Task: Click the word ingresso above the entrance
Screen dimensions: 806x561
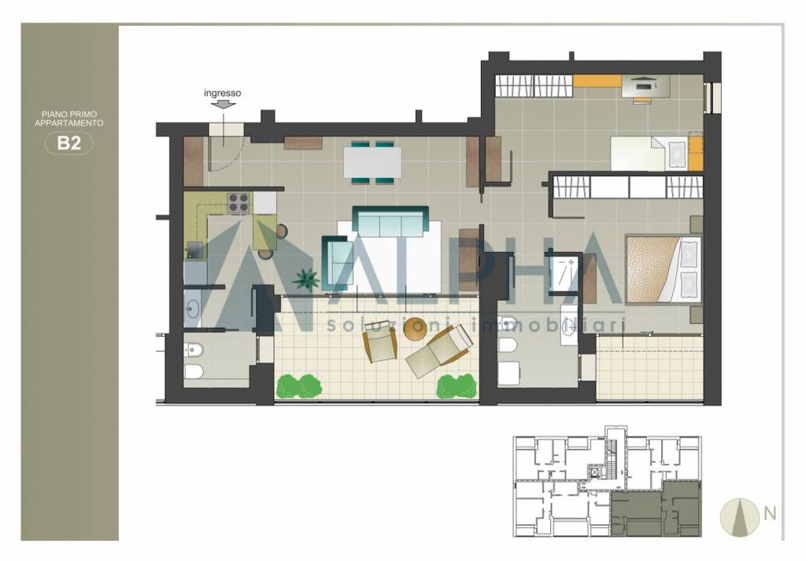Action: pos(222,93)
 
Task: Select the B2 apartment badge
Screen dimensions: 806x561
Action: pos(69,143)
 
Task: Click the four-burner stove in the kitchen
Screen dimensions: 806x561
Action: pos(239,202)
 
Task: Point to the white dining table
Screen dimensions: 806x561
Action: pos(372,162)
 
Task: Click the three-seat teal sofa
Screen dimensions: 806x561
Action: pos(390,221)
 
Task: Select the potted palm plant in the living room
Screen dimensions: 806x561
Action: pos(306,280)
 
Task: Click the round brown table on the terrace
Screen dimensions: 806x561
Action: pos(416,329)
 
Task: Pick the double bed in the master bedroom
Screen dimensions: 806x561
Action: pos(663,269)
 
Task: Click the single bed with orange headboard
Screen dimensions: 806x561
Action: pos(656,153)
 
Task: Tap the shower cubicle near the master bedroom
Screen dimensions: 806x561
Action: pos(564,273)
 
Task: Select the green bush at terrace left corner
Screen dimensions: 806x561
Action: pos(298,386)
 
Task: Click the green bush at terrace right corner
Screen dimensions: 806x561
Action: pos(456,386)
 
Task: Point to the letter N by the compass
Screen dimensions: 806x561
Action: pos(770,513)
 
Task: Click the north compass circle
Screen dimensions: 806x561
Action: pos(740,517)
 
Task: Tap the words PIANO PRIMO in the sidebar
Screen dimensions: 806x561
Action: pos(69,114)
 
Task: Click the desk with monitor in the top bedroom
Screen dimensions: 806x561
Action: pos(646,86)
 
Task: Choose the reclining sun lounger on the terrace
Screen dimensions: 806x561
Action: pos(438,352)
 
